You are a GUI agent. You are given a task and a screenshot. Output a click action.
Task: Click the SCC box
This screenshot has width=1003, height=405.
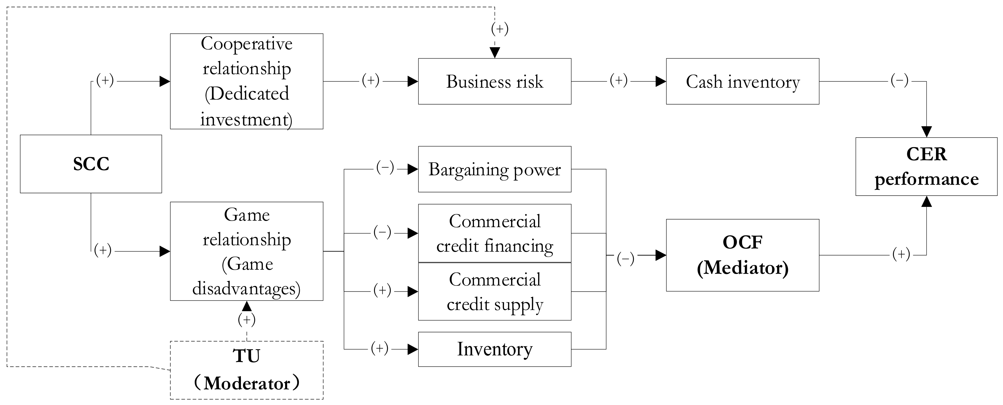pos(91,164)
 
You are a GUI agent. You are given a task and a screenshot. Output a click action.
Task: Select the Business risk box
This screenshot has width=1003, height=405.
pos(494,81)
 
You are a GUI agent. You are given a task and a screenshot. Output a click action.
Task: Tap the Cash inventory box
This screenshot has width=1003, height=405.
pos(742,81)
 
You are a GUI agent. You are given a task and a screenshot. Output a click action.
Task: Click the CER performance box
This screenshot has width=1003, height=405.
pos(926,167)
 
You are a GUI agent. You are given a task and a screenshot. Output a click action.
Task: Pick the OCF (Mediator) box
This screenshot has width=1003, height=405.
pos(742,255)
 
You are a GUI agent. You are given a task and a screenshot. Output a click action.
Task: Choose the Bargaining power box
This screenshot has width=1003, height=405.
pos(494,169)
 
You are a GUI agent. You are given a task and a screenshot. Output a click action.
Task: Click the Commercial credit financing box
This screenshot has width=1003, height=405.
pos(494,233)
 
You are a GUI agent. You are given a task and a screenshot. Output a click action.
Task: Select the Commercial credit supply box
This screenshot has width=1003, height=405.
pos(494,292)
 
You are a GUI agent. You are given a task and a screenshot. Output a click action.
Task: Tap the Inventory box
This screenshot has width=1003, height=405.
pos(494,349)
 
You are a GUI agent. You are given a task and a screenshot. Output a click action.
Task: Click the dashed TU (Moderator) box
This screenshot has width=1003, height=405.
pos(247,370)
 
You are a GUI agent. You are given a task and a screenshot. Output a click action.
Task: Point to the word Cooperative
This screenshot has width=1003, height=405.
pos(247,43)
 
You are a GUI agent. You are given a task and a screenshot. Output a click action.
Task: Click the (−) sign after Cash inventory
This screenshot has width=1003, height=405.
pos(899,80)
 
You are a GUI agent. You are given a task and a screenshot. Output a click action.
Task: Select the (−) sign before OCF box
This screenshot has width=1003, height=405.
pos(625,258)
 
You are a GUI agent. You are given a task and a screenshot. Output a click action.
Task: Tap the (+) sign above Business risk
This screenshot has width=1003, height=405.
pos(500,29)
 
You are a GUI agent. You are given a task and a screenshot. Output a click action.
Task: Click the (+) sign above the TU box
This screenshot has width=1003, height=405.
pos(247,320)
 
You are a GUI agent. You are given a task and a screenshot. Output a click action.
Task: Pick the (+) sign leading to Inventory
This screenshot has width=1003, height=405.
pos(379,348)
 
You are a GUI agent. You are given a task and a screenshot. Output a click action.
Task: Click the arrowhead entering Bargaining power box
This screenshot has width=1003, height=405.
pos(412,169)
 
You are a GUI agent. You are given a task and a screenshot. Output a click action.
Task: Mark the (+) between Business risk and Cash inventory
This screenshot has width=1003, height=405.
pos(618,80)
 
